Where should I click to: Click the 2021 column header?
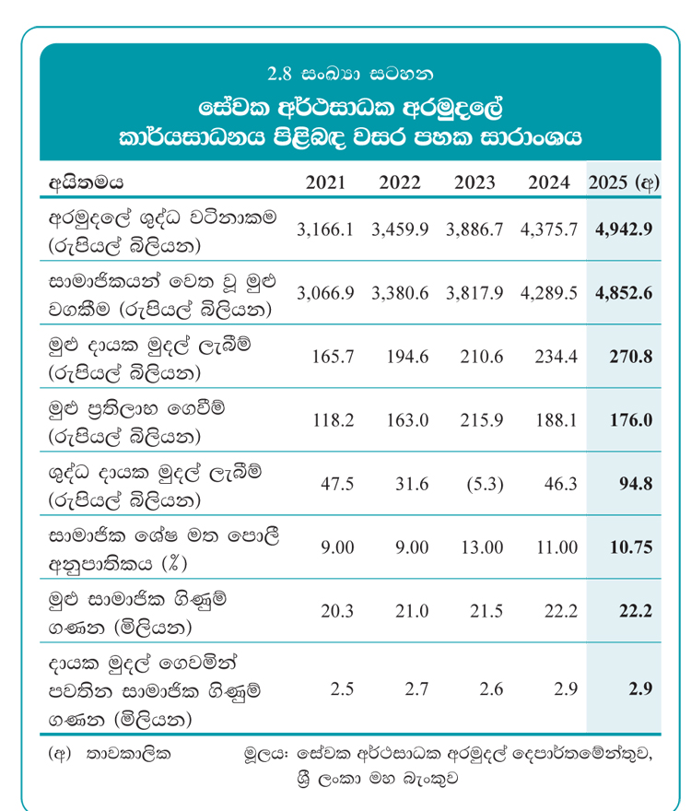coord(325,182)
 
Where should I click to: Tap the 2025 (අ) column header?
coord(624,182)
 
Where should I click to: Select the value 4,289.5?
coord(549,292)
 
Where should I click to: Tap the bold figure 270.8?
coord(631,356)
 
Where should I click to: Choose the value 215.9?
coord(483,419)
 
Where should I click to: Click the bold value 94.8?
coord(635,483)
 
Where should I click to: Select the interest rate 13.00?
coord(483,547)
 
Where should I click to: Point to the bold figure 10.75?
coord(631,547)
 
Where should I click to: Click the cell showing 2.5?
coord(341,688)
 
